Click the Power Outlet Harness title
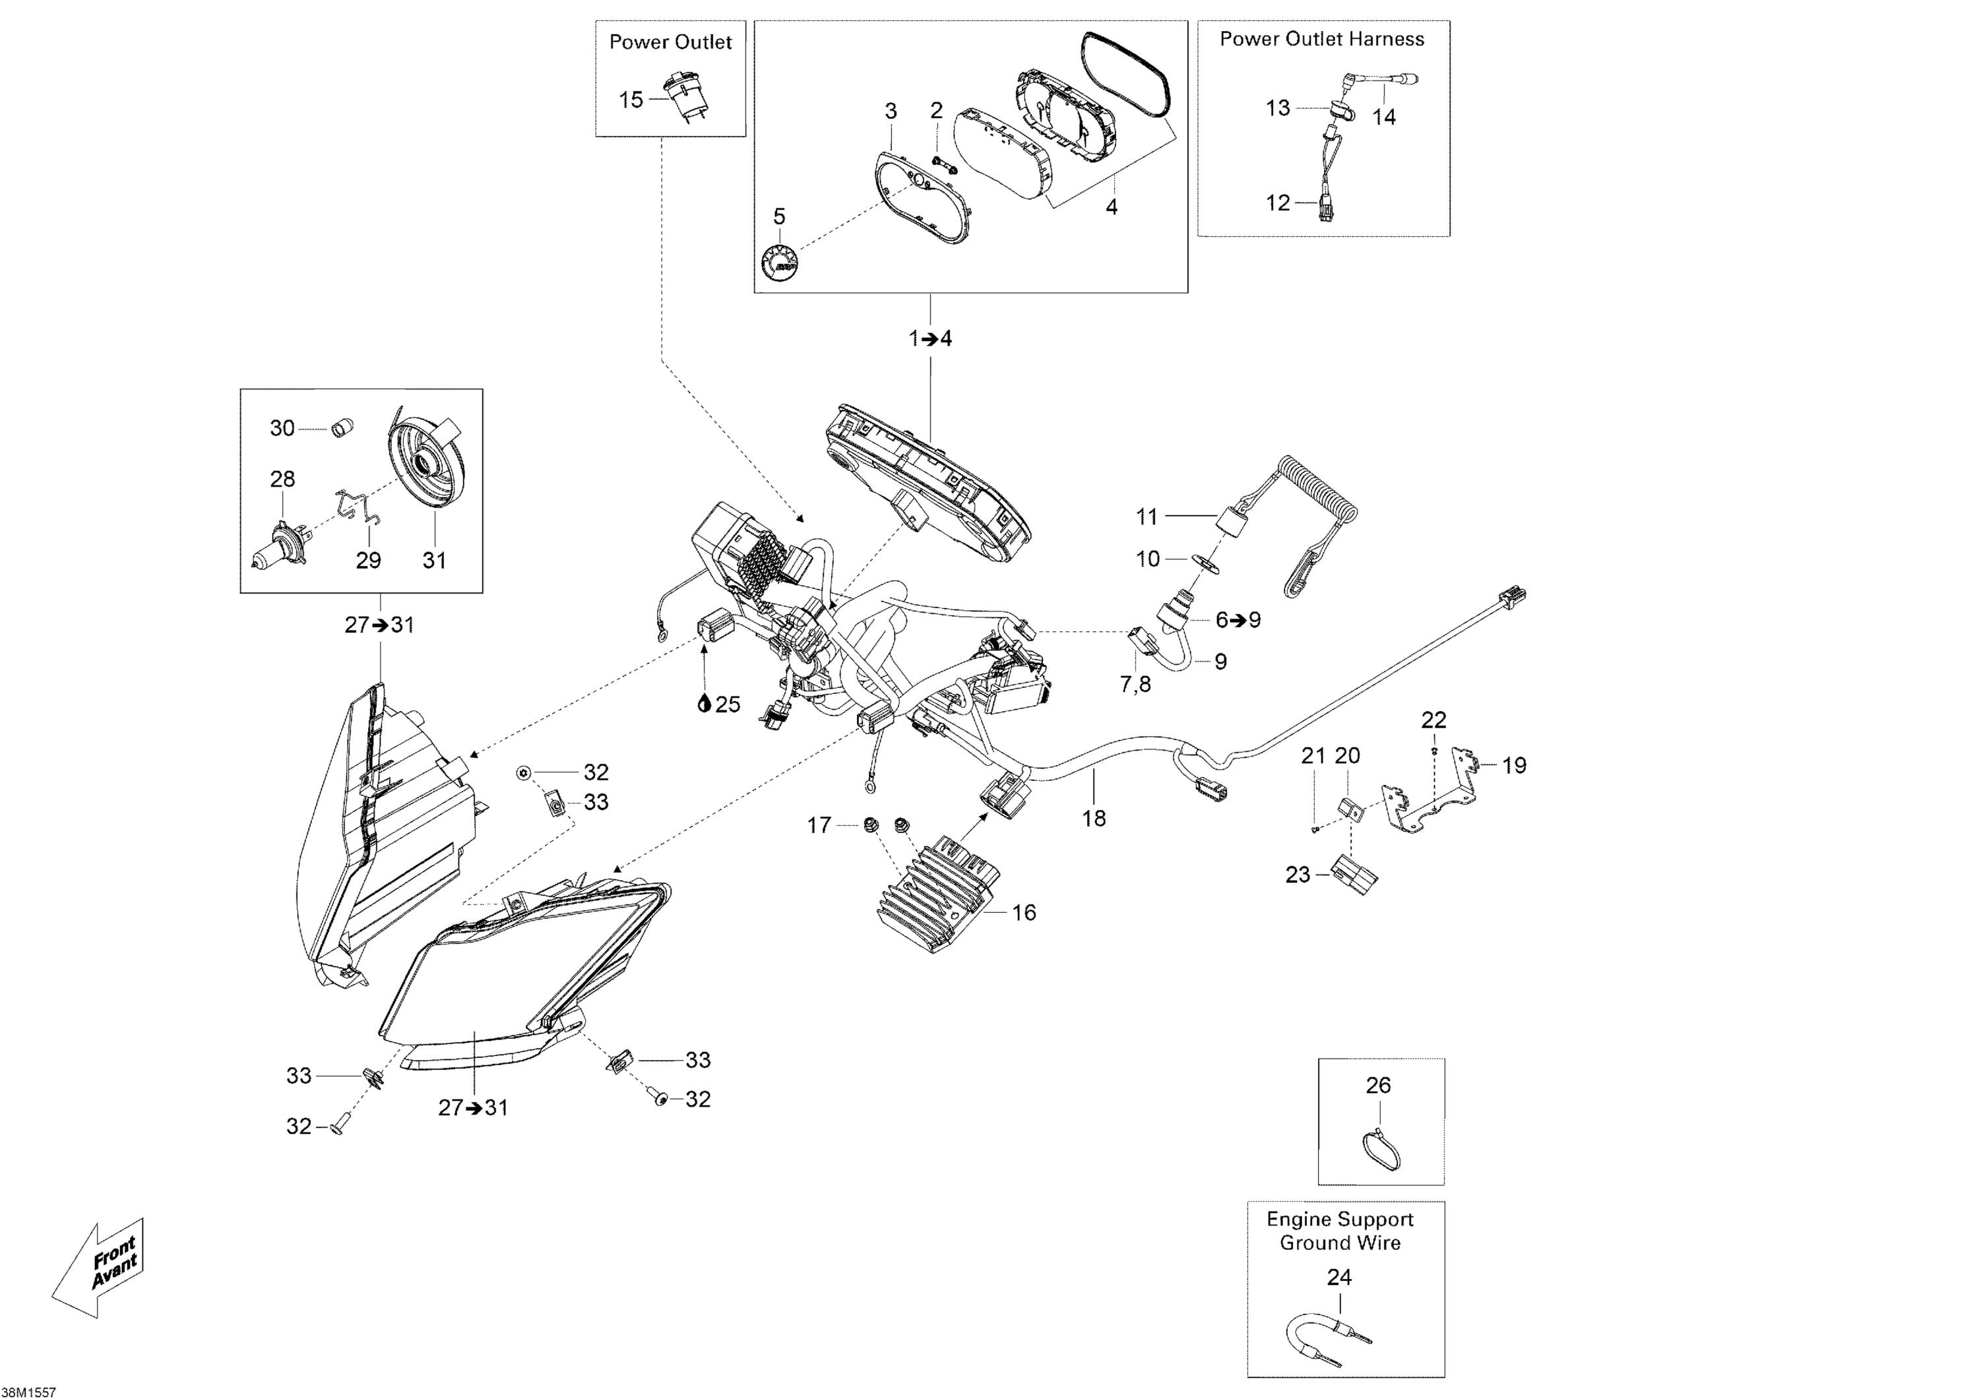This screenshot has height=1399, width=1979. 1321,39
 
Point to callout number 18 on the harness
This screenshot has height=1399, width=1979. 1093,818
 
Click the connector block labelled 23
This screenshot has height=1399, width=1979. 1354,876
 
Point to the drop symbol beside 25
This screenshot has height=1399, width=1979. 705,704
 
